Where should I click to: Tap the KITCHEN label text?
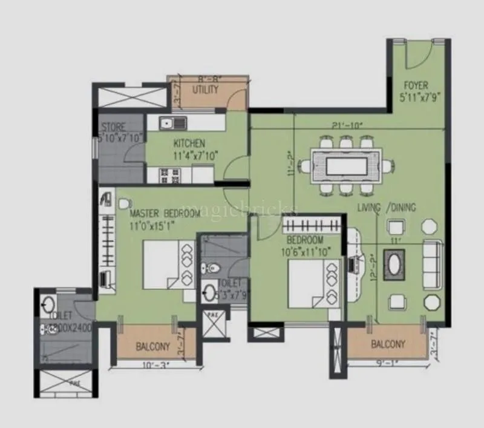(189, 143)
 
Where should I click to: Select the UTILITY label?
(205, 90)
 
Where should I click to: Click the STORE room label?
(113, 127)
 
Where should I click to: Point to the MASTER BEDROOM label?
(165, 214)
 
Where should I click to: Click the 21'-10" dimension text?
(347, 126)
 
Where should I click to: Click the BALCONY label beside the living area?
(388, 344)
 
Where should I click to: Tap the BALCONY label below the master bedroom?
(152, 347)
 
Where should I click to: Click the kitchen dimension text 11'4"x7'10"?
(195, 156)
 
